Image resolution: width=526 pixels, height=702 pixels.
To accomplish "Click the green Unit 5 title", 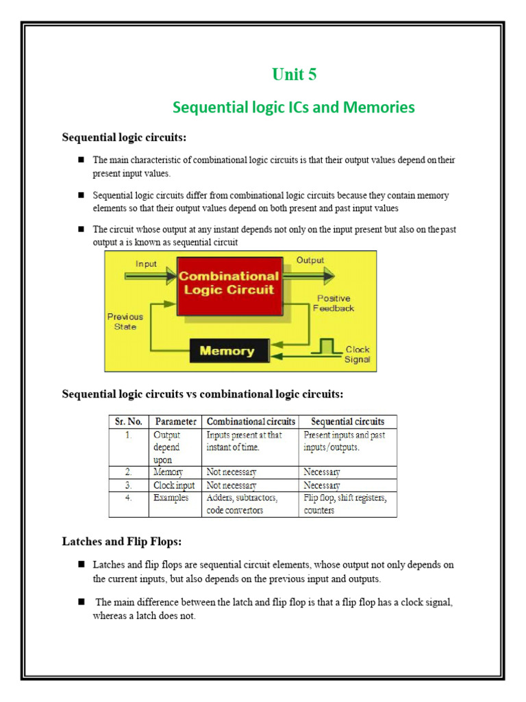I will click(295, 75).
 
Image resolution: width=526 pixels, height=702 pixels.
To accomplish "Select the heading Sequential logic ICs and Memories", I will click(294, 108).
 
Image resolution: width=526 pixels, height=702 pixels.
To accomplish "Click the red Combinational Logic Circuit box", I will click(229, 282).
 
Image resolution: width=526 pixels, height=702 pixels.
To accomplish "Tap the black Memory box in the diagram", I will click(226, 351).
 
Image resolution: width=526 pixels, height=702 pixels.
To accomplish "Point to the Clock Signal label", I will click(358, 354).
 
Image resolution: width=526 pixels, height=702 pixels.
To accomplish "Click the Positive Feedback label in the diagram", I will click(334, 303).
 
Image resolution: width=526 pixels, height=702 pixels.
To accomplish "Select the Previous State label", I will click(125, 322).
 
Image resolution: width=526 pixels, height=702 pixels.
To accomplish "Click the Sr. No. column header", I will click(129, 422).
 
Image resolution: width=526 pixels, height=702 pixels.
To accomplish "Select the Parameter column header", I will click(176, 422).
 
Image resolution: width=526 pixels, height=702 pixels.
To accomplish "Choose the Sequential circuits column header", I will click(347, 422).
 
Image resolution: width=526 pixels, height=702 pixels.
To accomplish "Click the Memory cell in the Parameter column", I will click(168, 472).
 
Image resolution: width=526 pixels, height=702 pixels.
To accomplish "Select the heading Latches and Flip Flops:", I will click(122, 542).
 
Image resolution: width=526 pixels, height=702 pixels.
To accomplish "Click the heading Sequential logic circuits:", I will click(124, 138).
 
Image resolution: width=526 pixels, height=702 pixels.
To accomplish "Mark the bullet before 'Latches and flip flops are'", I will click(80, 564).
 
